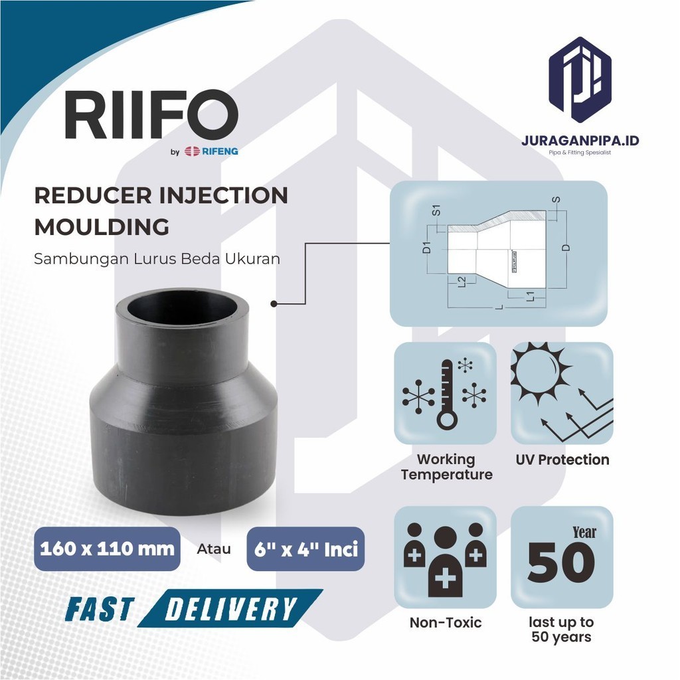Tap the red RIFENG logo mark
tap(193, 151)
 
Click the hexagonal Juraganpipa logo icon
tap(580, 80)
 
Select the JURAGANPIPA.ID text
tap(580, 141)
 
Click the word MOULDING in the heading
tap(101, 227)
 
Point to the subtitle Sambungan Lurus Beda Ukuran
tap(157, 259)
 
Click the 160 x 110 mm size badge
tap(107, 549)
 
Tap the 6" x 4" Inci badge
tap(305, 549)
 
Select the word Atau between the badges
tap(214, 549)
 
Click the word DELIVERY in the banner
tap(230, 608)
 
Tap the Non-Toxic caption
tap(445, 623)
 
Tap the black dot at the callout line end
tap(273, 303)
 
